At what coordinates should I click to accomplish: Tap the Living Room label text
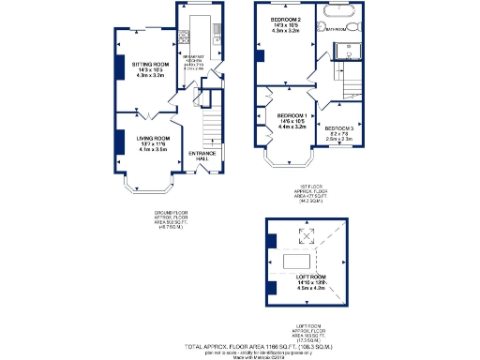144,134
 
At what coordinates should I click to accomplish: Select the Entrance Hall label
202,155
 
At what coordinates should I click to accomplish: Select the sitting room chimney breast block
120,67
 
